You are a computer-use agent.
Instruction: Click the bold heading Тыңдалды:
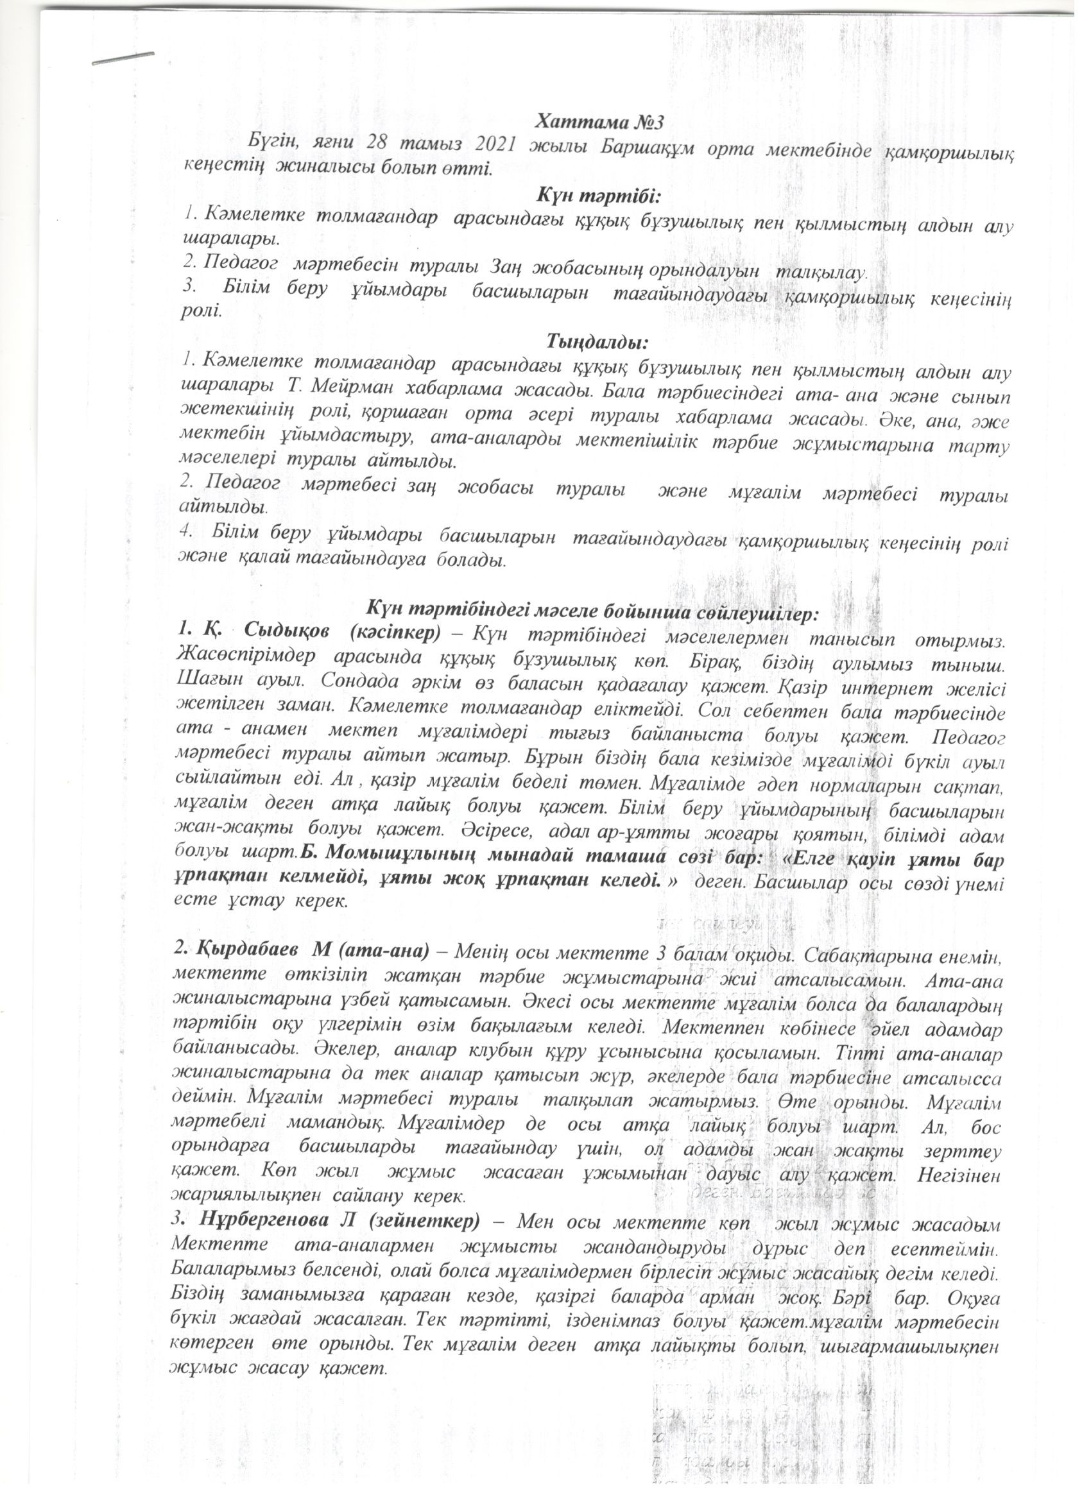tap(597, 342)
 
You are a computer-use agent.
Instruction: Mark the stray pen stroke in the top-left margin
tap(124, 60)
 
